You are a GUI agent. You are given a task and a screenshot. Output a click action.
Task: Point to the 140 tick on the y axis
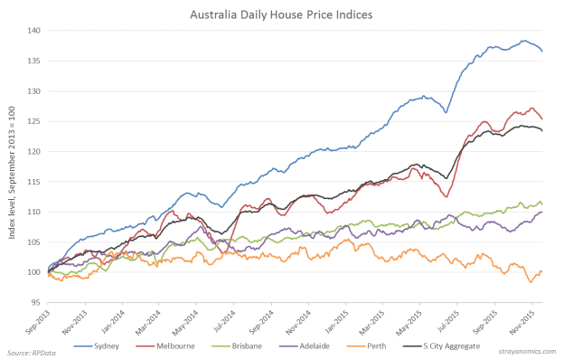pos(34,31)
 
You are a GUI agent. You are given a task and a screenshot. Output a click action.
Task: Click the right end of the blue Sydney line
pos(542,52)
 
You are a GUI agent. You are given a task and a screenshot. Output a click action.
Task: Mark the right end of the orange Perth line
pos(542,272)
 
